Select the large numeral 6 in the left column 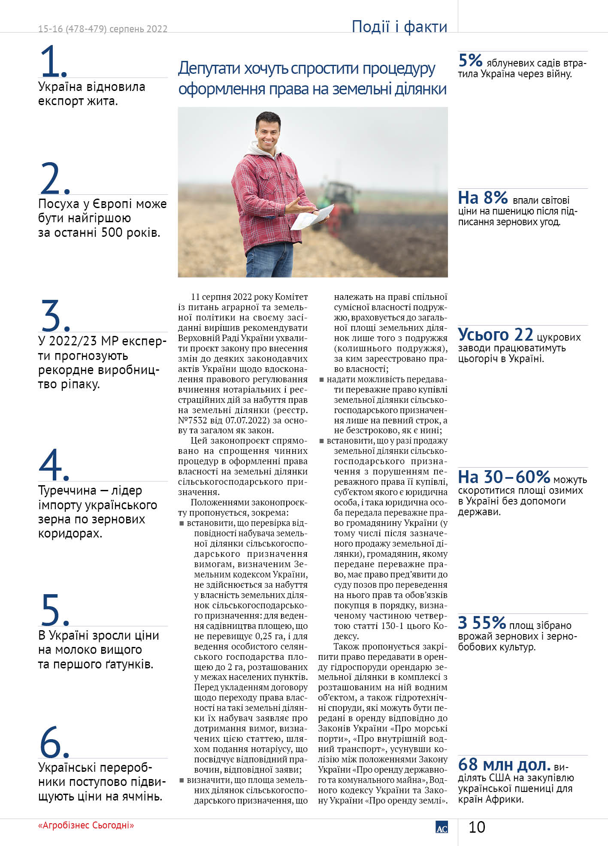(x=50, y=742)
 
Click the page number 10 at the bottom (x=476, y=827)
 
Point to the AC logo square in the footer (x=442, y=827)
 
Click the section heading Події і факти (x=399, y=27)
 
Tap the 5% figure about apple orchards (x=470, y=60)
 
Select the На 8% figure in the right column (x=483, y=198)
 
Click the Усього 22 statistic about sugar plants (x=495, y=335)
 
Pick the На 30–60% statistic (x=504, y=477)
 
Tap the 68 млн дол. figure (x=504, y=764)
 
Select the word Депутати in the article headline (x=209, y=69)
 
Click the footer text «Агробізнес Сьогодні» (x=86, y=825)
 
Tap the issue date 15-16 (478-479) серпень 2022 (x=103, y=29)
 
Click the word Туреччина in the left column (x=66, y=490)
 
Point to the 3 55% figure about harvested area (x=482, y=622)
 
